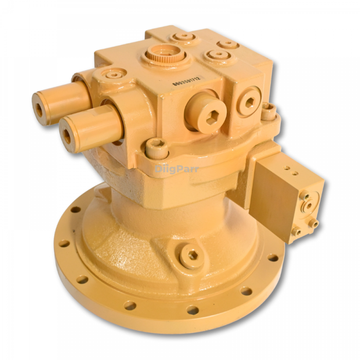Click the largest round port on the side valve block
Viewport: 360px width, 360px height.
click(x=310, y=204)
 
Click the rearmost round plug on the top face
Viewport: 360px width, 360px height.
click(x=183, y=37)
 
